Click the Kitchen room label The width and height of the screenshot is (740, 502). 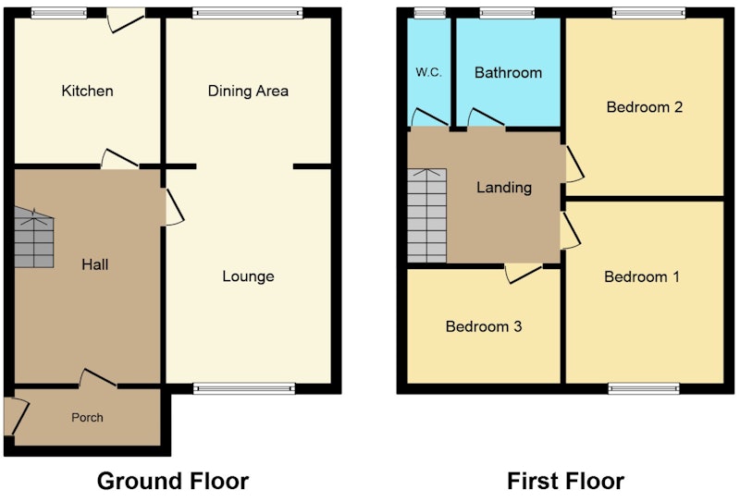(x=87, y=91)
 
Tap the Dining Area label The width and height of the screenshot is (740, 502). (x=248, y=91)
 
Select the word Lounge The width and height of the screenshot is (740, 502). (x=248, y=276)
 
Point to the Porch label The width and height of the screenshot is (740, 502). (x=87, y=418)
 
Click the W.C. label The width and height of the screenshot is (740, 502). (x=428, y=73)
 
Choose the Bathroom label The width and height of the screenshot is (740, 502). (x=508, y=73)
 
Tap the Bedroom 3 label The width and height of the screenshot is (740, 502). (x=484, y=326)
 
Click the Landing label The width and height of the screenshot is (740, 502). (x=504, y=188)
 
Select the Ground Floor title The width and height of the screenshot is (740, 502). (x=173, y=482)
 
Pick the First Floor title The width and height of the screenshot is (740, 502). (x=565, y=482)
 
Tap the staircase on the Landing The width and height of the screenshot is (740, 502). (x=427, y=215)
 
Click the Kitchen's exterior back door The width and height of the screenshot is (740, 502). (x=126, y=20)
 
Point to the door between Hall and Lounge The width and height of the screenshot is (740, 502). (x=174, y=207)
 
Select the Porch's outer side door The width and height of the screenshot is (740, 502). (x=17, y=417)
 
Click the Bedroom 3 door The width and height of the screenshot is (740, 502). (x=524, y=275)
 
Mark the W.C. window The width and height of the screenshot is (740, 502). (x=429, y=13)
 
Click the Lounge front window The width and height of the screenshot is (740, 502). (x=244, y=389)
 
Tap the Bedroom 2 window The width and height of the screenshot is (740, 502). (x=649, y=13)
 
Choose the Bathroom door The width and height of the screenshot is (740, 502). (x=487, y=118)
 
